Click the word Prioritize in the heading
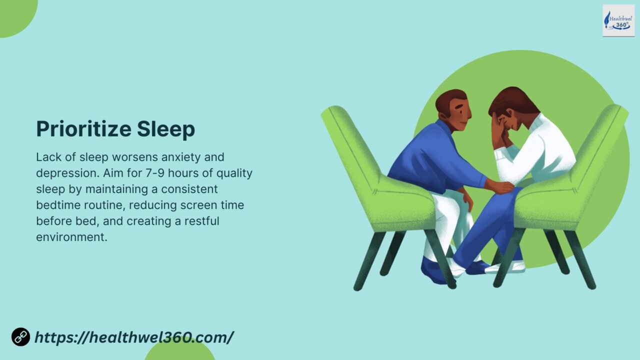pos(83,129)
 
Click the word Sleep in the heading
pos(166,129)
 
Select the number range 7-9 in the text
pos(155,173)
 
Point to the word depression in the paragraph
pos(67,173)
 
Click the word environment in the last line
pos(71,237)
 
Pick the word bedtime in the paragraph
pos(58,205)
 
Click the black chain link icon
pos(20,337)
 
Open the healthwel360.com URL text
pos(134,337)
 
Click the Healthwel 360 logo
pos(618,20)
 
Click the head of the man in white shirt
pos(511,108)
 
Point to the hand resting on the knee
pos(500,187)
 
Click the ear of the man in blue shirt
pos(443,115)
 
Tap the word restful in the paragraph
pos(201,221)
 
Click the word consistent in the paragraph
pos(189,189)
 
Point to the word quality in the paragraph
pos(234,173)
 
